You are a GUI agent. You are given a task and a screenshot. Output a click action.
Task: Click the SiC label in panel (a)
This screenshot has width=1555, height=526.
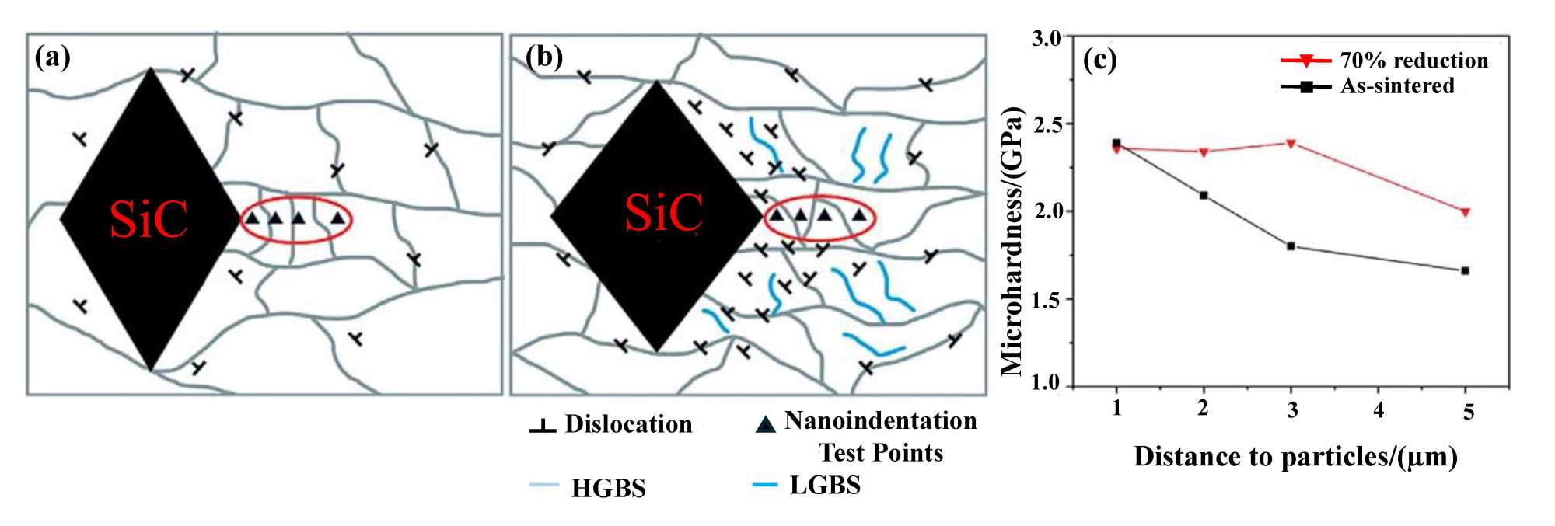[149, 219]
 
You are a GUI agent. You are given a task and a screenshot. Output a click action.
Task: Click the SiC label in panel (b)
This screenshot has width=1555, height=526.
[664, 212]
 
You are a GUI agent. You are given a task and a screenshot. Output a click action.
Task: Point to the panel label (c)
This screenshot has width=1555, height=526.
[1099, 61]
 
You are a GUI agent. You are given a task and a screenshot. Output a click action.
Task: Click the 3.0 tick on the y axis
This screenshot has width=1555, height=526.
[1046, 38]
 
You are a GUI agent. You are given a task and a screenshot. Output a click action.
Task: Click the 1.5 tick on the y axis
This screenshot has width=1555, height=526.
[1046, 299]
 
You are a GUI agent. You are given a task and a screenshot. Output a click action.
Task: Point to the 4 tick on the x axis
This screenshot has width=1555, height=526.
[1379, 409]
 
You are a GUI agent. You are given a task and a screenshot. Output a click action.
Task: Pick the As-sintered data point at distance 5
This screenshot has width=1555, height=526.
[1465, 270]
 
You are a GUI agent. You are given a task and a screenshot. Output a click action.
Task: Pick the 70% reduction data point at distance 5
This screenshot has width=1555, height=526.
[1465, 211]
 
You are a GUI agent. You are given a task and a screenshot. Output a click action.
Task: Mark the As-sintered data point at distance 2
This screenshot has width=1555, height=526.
[1204, 195]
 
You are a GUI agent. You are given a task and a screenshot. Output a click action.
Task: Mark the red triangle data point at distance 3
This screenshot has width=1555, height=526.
[1291, 144]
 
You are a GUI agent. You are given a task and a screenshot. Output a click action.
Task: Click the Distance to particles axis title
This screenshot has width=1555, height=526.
[1295, 456]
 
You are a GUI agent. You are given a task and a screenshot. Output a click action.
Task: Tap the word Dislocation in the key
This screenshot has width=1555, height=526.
[628, 423]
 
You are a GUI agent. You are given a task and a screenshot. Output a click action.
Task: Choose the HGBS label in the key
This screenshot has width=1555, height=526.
[608, 488]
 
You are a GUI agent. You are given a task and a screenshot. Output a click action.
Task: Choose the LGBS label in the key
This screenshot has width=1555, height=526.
[825, 485]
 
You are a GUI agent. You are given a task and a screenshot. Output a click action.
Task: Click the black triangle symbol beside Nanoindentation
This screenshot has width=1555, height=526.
[766, 423]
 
